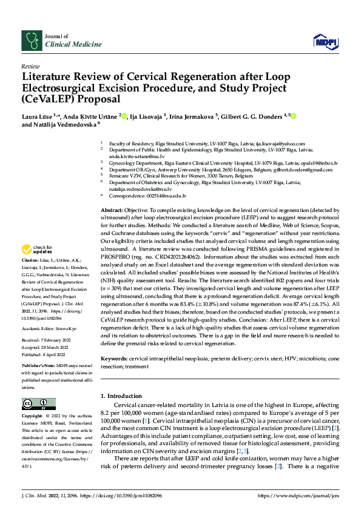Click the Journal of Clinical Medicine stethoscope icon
pos(31,40)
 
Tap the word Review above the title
pos(30,66)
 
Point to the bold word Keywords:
pos(114,359)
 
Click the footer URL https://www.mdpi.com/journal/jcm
pos(297,495)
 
